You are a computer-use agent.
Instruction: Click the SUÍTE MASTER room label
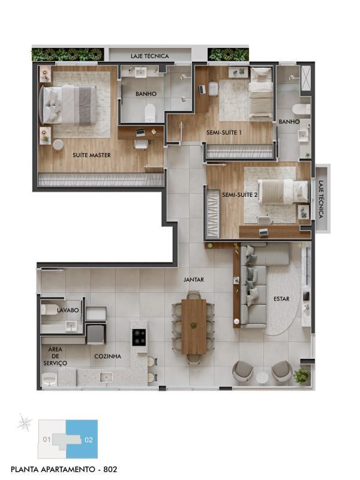(x=92, y=155)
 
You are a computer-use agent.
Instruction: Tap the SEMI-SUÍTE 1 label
(x=224, y=133)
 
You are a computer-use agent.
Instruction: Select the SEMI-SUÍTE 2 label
(x=239, y=194)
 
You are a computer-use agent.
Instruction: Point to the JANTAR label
(x=193, y=280)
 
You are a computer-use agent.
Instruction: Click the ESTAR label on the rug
(x=281, y=299)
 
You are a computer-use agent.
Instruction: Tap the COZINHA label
(x=108, y=356)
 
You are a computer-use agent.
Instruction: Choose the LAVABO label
(x=68, y=310)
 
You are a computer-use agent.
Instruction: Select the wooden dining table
(x=194, y=326)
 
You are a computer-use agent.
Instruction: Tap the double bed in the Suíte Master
(x=68, y=104)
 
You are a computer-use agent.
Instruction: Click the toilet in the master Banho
(x=150, y=112)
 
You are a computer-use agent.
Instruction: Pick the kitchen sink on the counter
(x=106, y=377)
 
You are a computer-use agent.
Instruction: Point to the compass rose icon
(x=25, y=424)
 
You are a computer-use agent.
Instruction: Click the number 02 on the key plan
(x=88, y=440)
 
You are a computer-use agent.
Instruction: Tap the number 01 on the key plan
(x=47, y=440)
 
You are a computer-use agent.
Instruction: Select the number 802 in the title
(x=110, y=469)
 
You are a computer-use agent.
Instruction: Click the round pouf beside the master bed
(x=58, y=145)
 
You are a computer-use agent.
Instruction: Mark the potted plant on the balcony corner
(x=302, y=376)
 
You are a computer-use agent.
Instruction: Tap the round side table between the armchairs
(x=262, y=377)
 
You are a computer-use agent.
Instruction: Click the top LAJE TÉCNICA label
(x=149, y=56)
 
